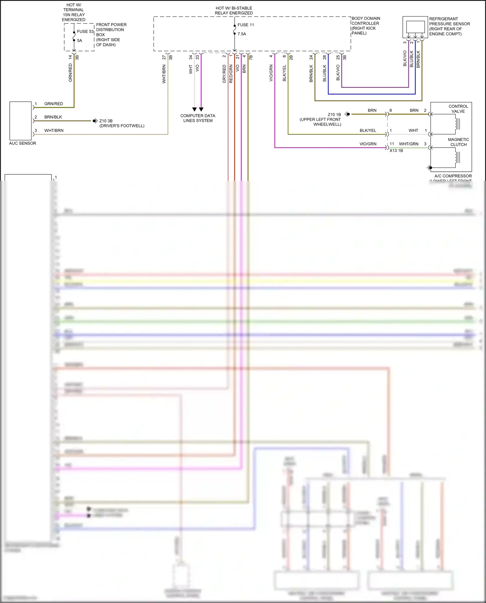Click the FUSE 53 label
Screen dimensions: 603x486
click(85, 31)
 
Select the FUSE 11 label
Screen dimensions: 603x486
click(246, 25)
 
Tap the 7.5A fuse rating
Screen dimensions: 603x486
click(242, 34)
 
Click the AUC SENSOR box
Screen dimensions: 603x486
click(20, 121)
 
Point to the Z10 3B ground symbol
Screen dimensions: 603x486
click(95, 121)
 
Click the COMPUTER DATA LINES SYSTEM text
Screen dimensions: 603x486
click(198, 118)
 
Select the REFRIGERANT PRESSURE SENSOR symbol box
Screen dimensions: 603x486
click(415, 27)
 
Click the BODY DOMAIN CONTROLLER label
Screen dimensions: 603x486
click(366, 26)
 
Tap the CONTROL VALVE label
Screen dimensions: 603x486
click(458, 109)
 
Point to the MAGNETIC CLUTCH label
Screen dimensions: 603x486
click(458, 142)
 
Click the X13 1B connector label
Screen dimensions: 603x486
click(396, 151)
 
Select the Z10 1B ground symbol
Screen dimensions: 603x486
click(347, 114)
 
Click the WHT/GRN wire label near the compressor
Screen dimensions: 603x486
click(409, 144)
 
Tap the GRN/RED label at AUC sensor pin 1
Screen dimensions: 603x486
click(53, 104)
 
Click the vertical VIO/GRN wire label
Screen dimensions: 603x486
click(271, 73)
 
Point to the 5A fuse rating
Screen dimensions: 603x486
click(79, 41)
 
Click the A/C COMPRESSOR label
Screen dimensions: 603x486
click(453, 176)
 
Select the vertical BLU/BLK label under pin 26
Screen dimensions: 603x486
click(325, 73)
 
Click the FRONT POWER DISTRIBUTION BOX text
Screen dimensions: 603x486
click(111, 35)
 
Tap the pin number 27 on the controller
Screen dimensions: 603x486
click(164, 57)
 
